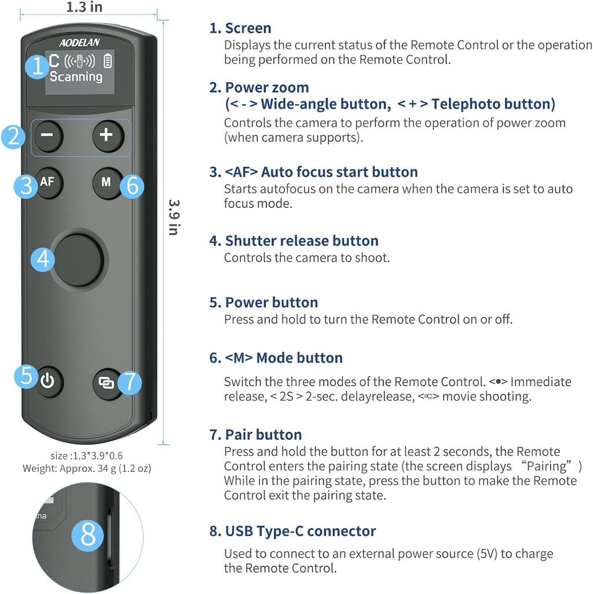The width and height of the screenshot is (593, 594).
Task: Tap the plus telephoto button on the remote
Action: pos(106,135)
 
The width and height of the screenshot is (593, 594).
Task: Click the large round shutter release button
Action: pos(79,260)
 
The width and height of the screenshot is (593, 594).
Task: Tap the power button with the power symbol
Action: pos(48,382)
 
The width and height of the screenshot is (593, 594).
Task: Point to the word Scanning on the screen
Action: pos(76,76)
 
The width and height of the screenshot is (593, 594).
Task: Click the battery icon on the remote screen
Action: pos(108,61)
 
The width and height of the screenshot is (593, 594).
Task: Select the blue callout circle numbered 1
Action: pos(38,67)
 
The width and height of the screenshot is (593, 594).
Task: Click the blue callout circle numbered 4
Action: pos(43,259)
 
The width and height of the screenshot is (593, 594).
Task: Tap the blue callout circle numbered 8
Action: pos(88,535)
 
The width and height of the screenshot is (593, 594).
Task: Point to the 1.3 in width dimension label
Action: pos(85,8)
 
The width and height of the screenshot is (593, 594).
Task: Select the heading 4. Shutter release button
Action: pos(294,241)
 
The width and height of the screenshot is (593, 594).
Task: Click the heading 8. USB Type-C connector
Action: pos(292,531)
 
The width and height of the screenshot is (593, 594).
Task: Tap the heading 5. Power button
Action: pos(263,302)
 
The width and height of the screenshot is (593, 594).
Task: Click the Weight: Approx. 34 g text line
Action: pos(87,468)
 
